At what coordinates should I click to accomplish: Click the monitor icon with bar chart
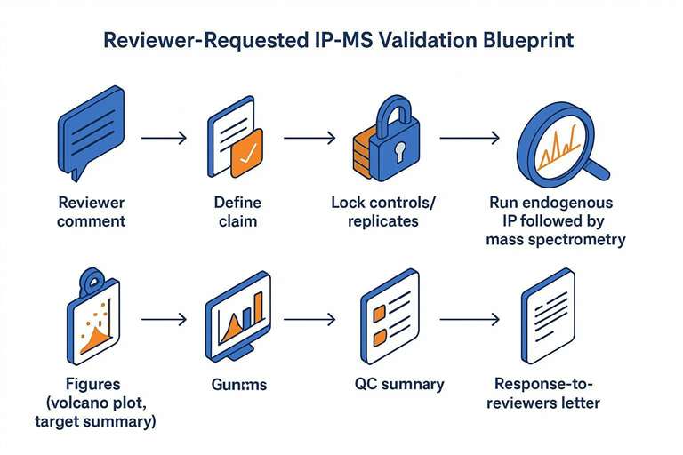tap(238, 315)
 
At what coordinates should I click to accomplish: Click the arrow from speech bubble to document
tap(164, 138)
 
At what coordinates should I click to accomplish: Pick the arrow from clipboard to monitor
tap(164, 317)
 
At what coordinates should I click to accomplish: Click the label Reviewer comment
tap(91, 211)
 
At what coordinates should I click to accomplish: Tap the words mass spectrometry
tap(556, 239)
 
